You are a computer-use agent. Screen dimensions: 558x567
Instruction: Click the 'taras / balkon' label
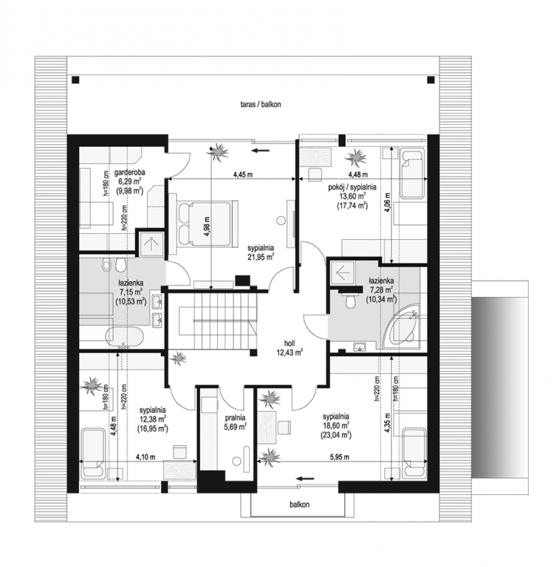click(x=261, y=104)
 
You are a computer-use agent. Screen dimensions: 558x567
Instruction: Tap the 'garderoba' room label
click(x=130, y=172)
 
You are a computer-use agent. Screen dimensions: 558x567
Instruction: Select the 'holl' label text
click(x=289, y=343)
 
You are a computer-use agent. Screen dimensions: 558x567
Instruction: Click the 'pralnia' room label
click(x=235, y=418)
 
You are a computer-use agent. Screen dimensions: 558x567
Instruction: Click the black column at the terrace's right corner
click(x=431, y=79)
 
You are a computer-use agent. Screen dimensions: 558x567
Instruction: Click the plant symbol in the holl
click(x=178, y=358)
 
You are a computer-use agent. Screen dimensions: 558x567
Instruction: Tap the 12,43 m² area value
click(x=290, y=352)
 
